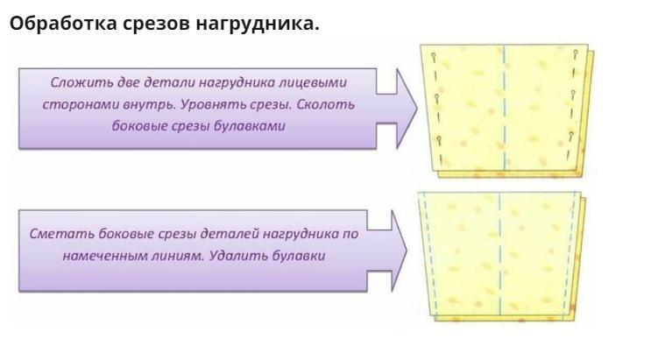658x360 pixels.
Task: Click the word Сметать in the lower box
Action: pyautogui.click(x=55, y=235)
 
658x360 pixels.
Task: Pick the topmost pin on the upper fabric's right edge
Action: pyautogui.click(x=576, y=56)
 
